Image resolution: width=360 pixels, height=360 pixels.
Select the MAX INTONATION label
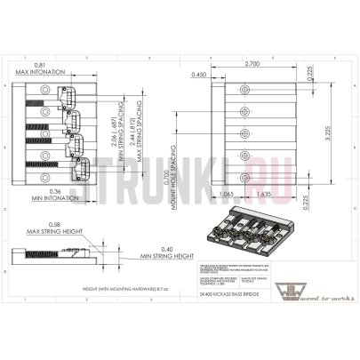pyautogui.click(x=43, y=74)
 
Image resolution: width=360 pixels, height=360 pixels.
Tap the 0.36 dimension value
pyautogui.click(x=54, y=191)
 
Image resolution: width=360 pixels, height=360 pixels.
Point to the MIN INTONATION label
pyautogui.click(x=54, y=198)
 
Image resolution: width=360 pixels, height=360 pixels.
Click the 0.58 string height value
pyautogui.click(x=55, y=224)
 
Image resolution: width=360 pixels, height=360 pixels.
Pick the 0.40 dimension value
pyautogui.click(x=166, y=248)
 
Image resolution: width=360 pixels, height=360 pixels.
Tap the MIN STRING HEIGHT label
pyautogui.click(x=166, y=255)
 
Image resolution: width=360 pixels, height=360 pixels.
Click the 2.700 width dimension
pyautogui.click(x=252, y=66)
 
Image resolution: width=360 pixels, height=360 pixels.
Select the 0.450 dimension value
pyautogui.click(x=198, y=75)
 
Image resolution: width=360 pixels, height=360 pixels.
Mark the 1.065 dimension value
pyautogui.click(x=225, y=192)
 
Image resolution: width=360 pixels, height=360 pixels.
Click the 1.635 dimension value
pyautogui.click(x=263, y=192)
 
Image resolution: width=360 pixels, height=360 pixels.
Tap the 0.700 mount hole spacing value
pyautogui.click(x=171, y=169)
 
